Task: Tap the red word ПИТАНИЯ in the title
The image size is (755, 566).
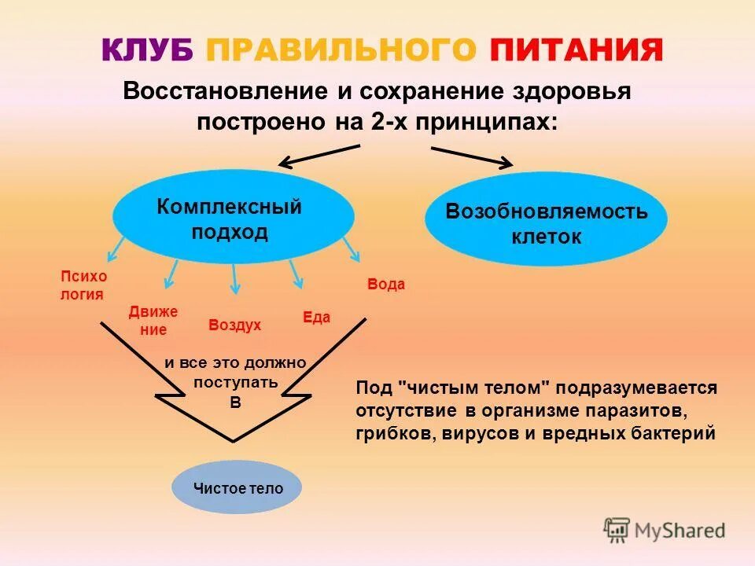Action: [576, 50]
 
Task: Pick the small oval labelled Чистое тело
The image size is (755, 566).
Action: [238, 488]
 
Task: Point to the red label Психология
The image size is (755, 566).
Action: [83, 285]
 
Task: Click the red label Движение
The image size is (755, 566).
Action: [153, 321]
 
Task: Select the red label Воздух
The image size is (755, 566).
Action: [234, 325]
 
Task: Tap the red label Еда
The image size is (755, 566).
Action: [316, 318]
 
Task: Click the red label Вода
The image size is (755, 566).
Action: [385, 285]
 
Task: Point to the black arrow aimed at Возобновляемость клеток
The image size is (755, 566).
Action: [472, 156]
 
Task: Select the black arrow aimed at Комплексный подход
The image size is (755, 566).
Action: [319, 156]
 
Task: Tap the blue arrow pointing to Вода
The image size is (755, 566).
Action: [351, 250]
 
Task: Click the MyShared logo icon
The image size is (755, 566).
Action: [617, 531]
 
